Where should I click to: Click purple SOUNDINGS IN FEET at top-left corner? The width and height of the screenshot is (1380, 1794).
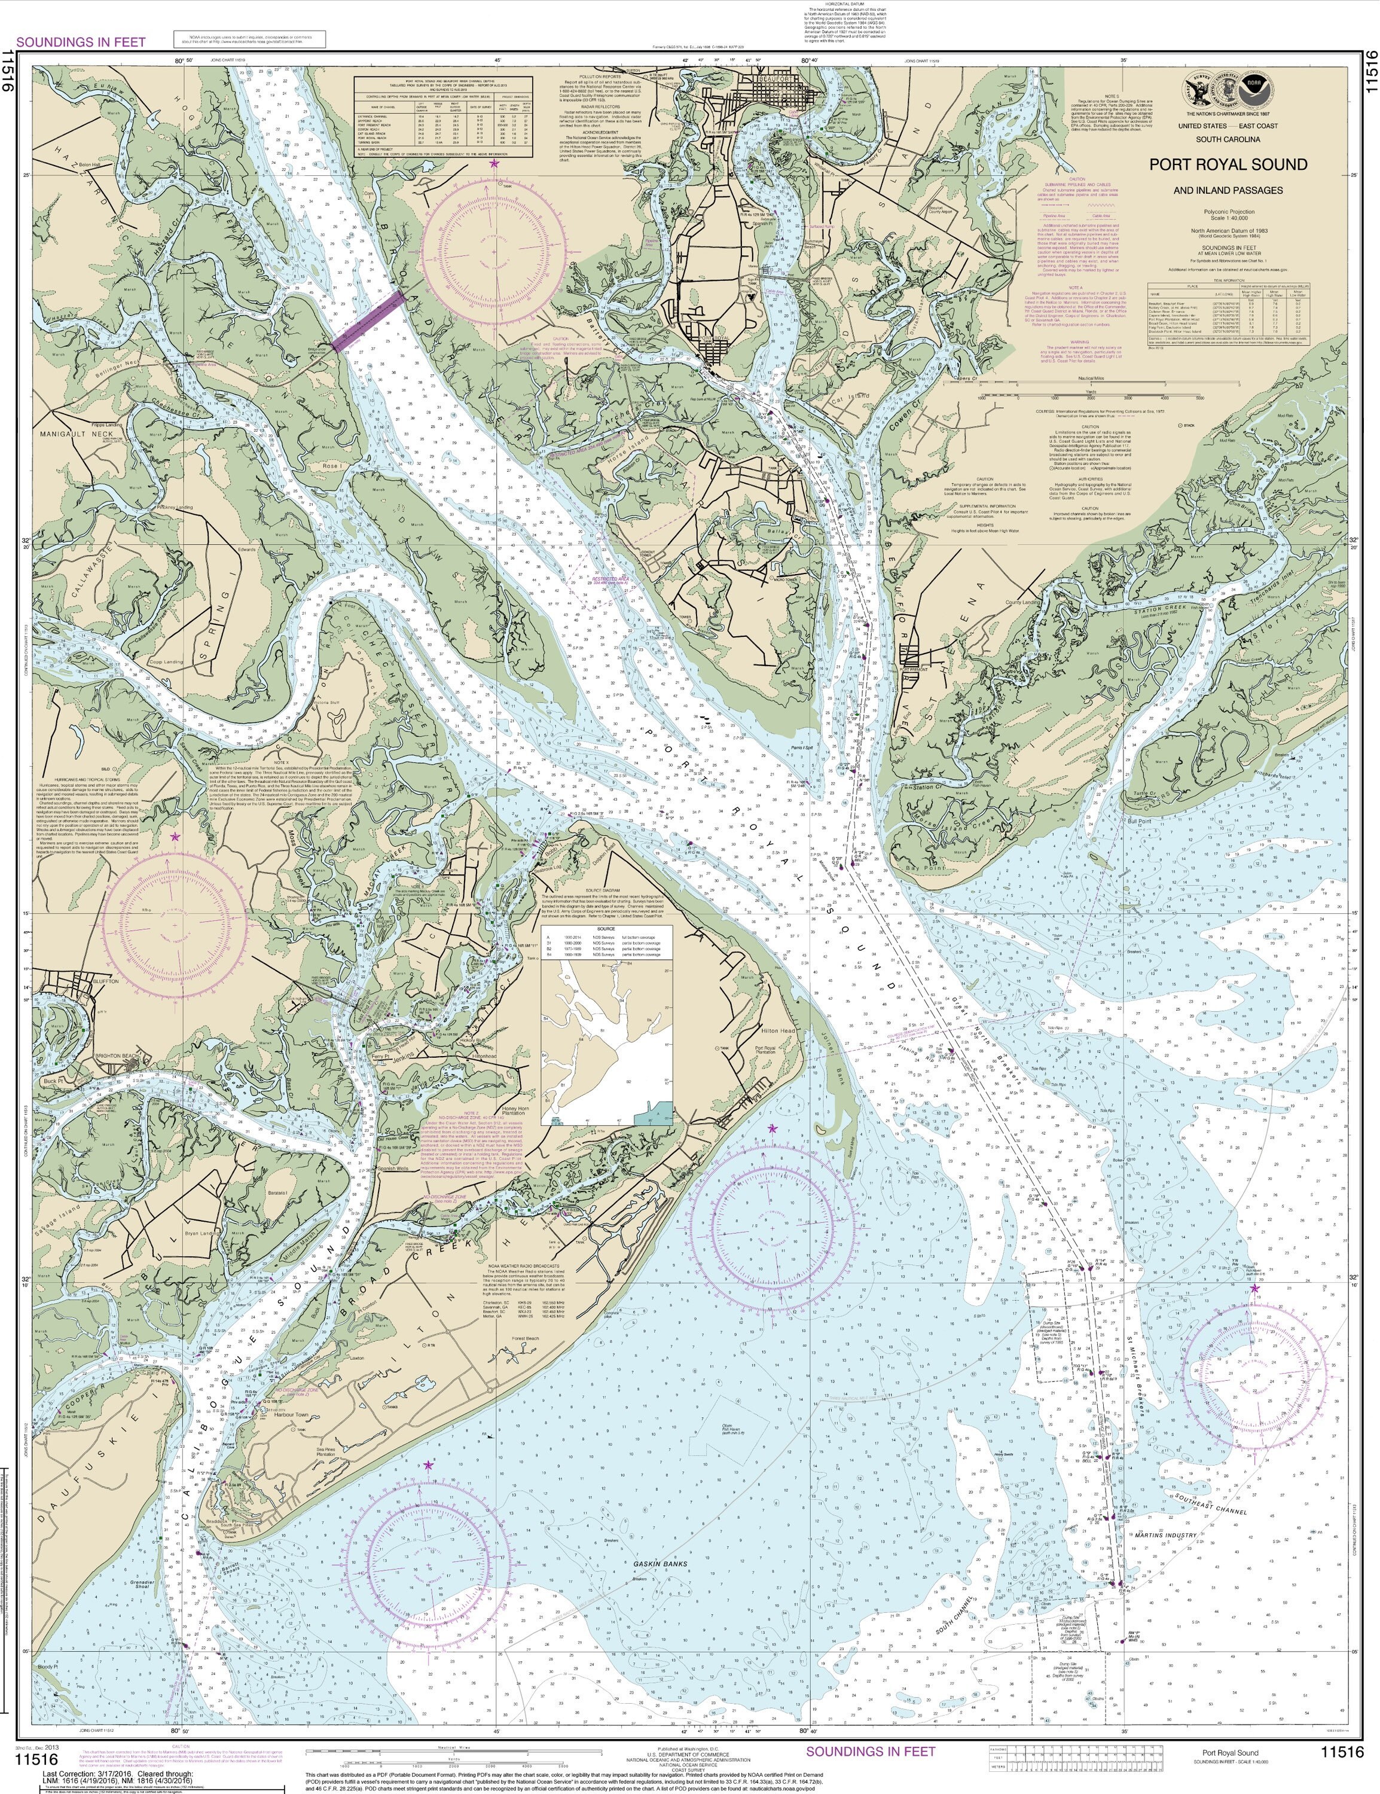coord(81,42)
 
